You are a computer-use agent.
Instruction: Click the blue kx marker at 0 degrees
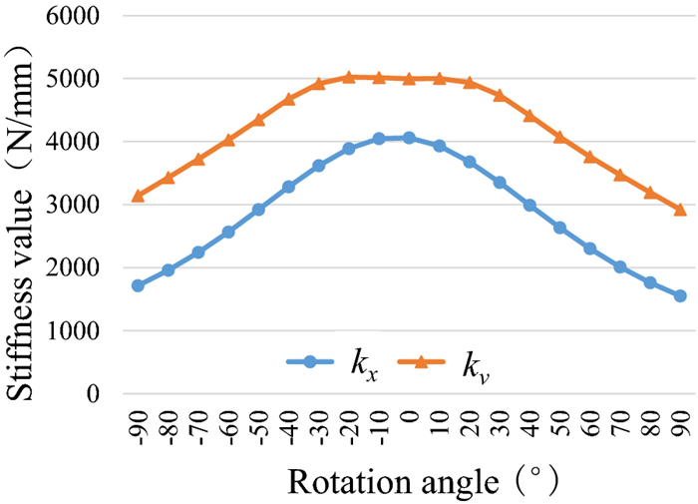(x=409, y=138)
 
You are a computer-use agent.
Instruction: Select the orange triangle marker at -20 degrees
(x=349, y=77)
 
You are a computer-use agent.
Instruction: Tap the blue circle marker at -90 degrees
(x=138, y=285)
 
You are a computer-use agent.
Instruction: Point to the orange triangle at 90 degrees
(x=680, y=210)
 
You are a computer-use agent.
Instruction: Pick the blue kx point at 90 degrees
(x=680, y=295)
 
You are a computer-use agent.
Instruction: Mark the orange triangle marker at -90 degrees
(x=138, y=197)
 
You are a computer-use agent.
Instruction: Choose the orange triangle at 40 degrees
(x=529, y=116)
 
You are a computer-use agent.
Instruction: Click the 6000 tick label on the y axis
(x=78, y=16)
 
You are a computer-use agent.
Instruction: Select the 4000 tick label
(x=78, y=142)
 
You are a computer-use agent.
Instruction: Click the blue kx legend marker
(x=310, y=363)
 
